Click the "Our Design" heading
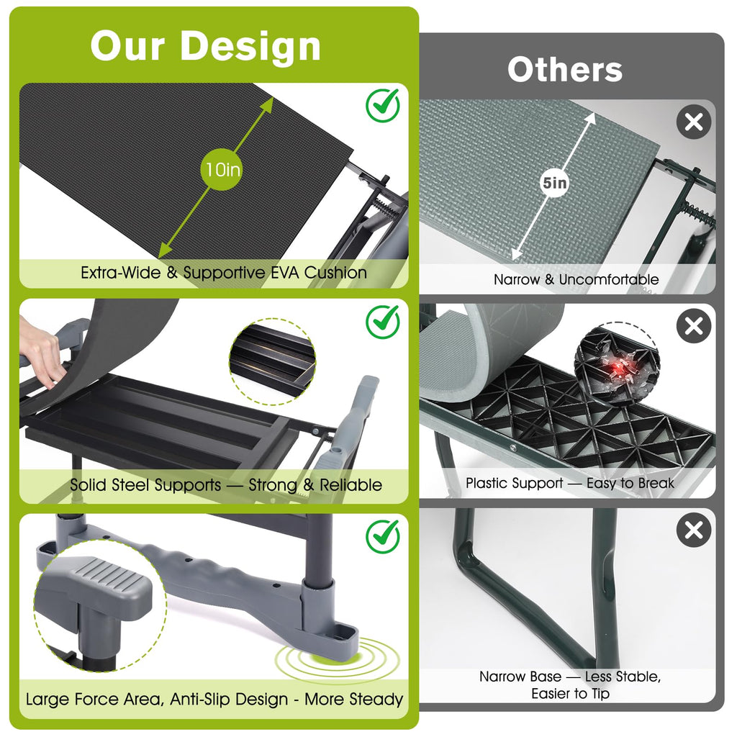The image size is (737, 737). pos(205,46)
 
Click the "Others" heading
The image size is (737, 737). pos(565,70)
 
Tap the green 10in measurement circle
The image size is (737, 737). pos(223,170)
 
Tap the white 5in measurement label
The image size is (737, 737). pos(555,182)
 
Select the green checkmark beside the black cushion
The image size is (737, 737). pos(383,105)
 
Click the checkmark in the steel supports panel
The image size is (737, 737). pos(383,322)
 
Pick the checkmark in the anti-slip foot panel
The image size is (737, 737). pos(383,536)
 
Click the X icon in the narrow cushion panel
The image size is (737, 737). pos(694,122)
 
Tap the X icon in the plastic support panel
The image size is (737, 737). pos(694,326)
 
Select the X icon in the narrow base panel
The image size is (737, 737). pos(694,530)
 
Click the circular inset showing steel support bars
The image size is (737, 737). pos(273,361)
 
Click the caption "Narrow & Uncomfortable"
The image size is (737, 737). pos(576,280)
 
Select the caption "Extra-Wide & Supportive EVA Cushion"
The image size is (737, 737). pos(224,273)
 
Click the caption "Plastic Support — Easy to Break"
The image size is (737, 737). pos(570,483)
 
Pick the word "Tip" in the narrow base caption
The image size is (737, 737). pos(600,694)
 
